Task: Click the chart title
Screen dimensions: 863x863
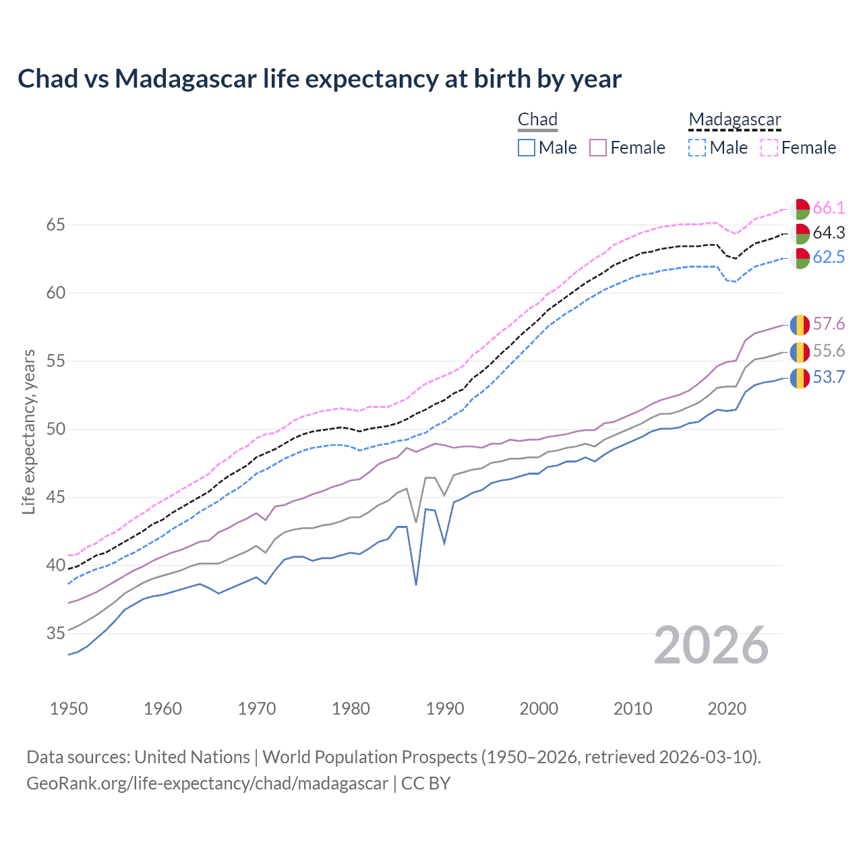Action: [320, 79]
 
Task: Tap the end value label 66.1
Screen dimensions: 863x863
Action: [829, 208]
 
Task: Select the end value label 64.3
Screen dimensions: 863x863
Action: [829, 233]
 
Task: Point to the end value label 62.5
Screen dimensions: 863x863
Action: [829, 257]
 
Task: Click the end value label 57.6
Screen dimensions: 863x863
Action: [829, 324]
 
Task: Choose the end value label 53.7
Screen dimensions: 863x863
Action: [829, 377]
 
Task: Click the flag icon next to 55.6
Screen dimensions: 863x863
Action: [800, 352]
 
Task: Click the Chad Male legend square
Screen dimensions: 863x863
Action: [527, 148]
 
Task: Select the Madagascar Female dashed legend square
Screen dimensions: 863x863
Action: [769, 148]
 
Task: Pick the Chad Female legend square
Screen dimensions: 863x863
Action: [599, 148]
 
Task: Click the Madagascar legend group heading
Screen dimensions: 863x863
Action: [735, 120]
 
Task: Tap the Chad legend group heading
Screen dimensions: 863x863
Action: [537, 120]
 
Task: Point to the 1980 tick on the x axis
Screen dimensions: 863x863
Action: [351, 709]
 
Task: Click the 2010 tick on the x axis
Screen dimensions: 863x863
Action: [633, 709]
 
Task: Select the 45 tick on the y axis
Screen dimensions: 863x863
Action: [55, 498]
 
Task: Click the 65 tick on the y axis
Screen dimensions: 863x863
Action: [55, 225]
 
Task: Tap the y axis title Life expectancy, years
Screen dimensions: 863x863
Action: [28, 431]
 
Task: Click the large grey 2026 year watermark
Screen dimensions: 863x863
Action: [711, 645]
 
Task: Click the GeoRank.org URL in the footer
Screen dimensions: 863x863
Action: [207, 783]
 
